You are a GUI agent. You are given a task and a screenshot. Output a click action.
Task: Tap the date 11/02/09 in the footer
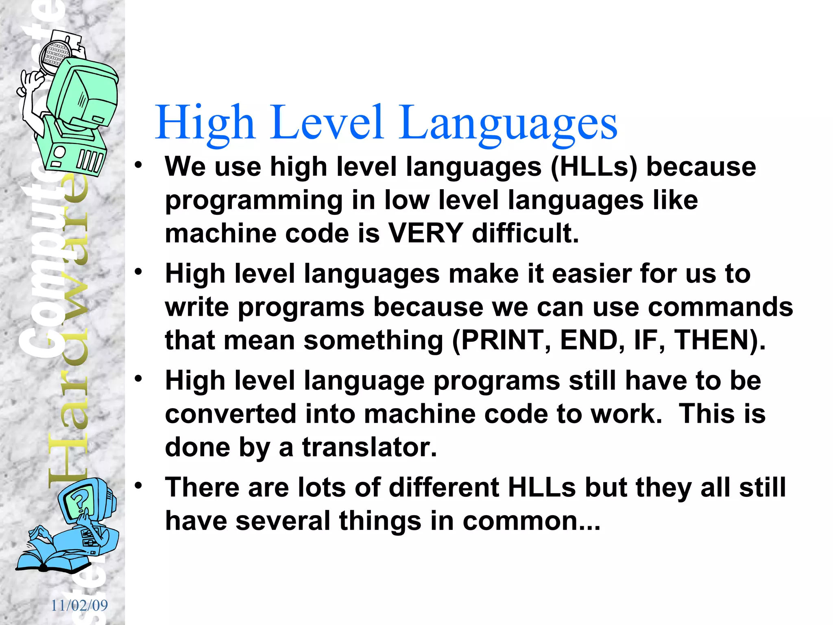(x=79, y=605)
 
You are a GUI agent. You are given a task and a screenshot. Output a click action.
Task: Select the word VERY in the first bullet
(x=425, y=234)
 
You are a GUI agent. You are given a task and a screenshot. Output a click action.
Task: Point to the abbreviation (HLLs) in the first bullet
(x=593, y=167)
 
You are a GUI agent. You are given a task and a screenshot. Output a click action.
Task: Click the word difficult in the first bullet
(x=525, y=234)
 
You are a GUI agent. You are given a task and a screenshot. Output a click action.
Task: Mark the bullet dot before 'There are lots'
(x=139, y=485)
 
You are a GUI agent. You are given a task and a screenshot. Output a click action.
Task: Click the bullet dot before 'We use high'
(x=139, y=165)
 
